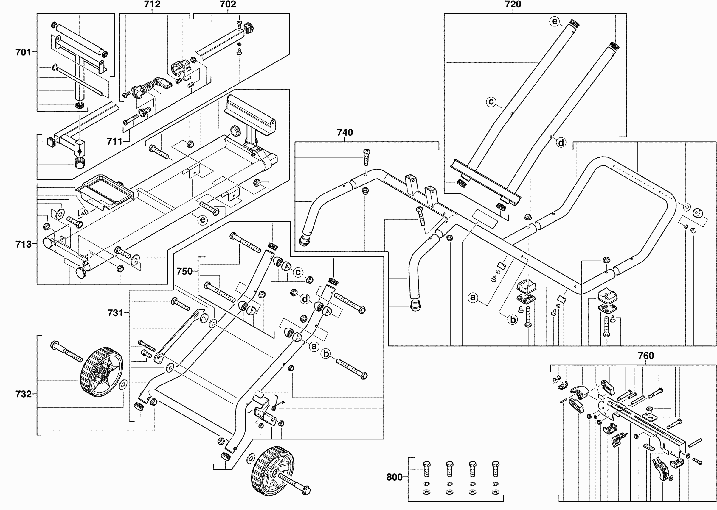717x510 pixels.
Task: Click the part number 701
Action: click(x=23, y=52)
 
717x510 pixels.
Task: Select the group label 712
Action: click(x=152, y=4)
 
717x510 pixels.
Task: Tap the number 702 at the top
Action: click(x=228, y=4)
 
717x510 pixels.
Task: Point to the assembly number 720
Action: click(x=513, y=4)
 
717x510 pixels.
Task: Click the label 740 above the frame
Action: click(x=345, y=132)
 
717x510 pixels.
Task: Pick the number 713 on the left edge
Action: click(x=24, y=244)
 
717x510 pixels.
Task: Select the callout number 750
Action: click(x=184, y=271)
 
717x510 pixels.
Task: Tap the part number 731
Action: click(x=115, y=313)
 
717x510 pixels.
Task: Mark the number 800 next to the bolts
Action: click(x=394, y=477)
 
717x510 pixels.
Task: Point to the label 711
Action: click(x=114, y=142)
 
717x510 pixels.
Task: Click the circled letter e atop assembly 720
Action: click(x=554, y=21)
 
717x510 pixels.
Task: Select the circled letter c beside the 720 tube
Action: click(x=491, y=102)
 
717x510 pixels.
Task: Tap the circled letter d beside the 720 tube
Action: click(x=561, y=143)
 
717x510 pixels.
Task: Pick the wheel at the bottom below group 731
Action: click(x=273, y=472)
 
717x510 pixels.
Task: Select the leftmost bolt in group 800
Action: click(x=427, y=469)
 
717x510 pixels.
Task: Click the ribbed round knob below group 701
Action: click(x=80, y=162)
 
